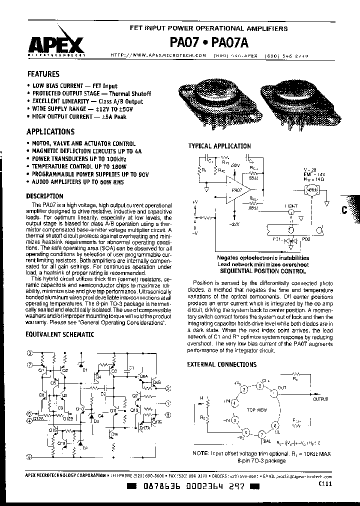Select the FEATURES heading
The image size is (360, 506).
(x=43, y=73)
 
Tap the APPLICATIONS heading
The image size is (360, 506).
(x=50, y=132)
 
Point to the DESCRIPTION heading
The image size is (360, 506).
(x=44, y=196)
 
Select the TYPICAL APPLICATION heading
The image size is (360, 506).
(x=219, y=146)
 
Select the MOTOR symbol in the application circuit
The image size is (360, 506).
(x=312, y=190)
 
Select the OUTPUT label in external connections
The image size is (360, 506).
(x=321, y=399)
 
